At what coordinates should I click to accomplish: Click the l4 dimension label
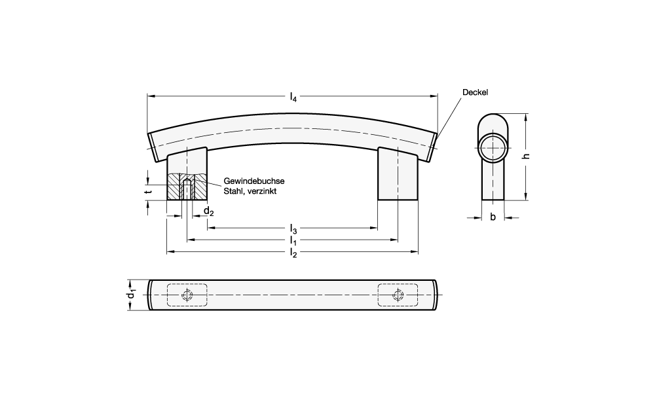293,98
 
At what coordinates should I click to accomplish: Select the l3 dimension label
293,229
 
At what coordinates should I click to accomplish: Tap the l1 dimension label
293,241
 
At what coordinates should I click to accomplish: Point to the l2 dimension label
293,253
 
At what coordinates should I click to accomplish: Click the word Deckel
475,92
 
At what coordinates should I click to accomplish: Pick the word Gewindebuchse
254,181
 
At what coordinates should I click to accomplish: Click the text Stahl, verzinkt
250,191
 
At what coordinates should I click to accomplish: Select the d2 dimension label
208,211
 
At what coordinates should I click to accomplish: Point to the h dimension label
527,156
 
